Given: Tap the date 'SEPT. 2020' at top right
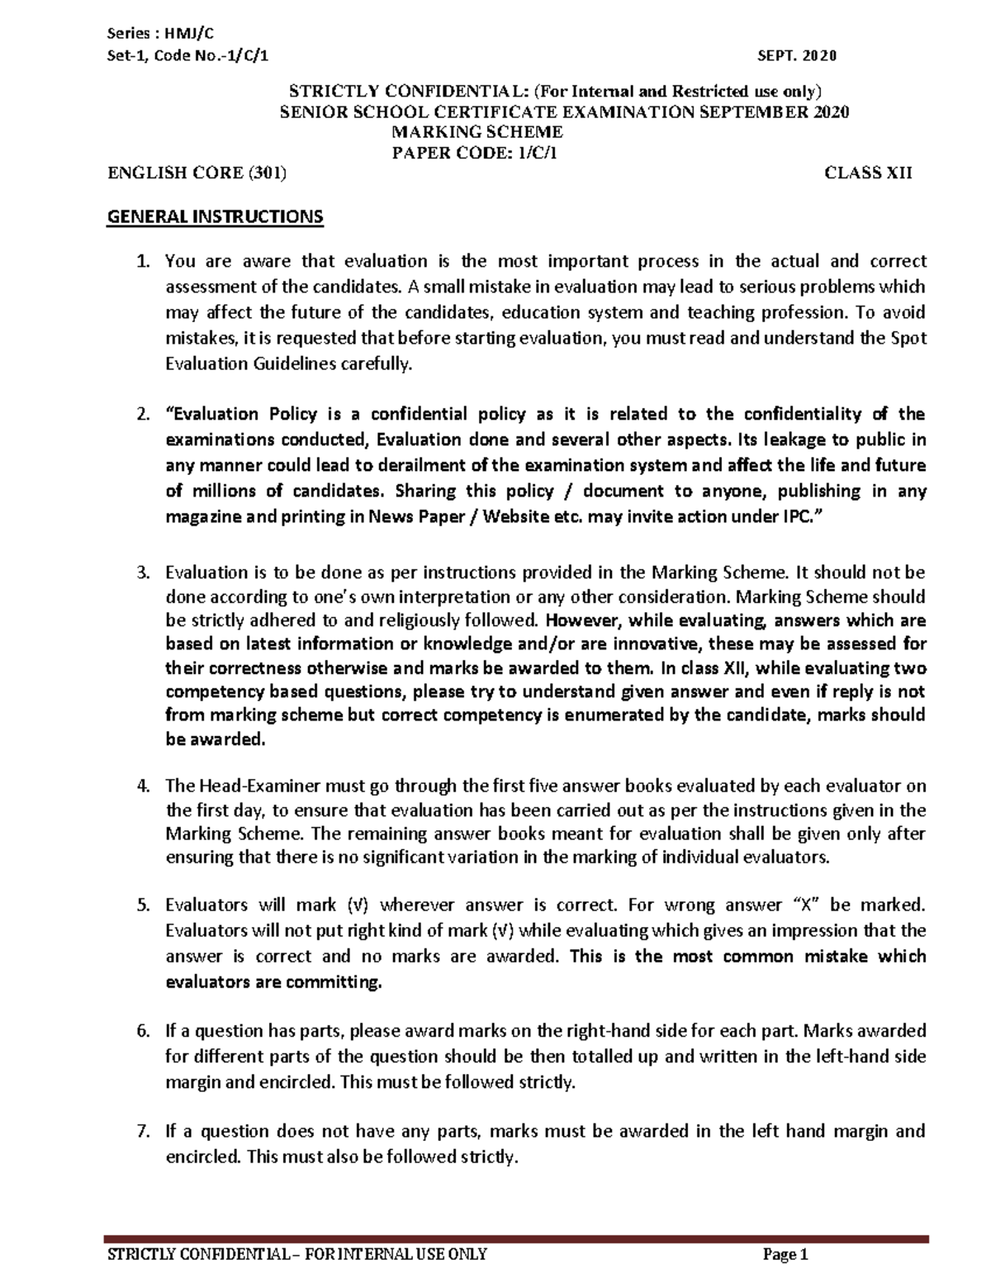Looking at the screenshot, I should click(x=796, y=55).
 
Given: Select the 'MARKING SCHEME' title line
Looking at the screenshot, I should click(x=477, y=132).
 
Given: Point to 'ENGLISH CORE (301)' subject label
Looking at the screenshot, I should click(x=198, y=173).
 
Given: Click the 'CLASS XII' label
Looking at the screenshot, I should click(x=868, y=173).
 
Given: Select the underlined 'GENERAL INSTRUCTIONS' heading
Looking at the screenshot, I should click(x=216, y=217).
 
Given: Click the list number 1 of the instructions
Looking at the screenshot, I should click(x=142, y=262).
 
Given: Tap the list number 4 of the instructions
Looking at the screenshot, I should click(x=142, y=786).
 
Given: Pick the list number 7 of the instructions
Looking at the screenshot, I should click(x=142, y=1131).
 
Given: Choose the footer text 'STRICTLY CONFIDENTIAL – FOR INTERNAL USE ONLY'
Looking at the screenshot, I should click(x=297, y=1256).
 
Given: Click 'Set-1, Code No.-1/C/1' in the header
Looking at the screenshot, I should click(x=188, y=55).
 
